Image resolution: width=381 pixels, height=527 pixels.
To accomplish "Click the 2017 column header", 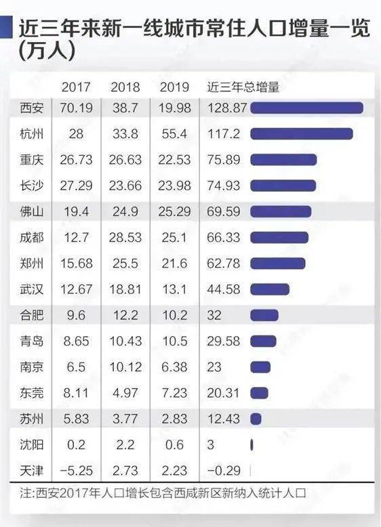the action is coord(76,87).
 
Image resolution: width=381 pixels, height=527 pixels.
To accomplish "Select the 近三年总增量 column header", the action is coord(243,87).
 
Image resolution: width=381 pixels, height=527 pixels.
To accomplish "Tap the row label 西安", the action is coord(31,108).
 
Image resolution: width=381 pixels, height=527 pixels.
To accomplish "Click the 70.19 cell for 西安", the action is coord(76,108).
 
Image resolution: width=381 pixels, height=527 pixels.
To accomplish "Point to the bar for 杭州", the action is coord(301,133).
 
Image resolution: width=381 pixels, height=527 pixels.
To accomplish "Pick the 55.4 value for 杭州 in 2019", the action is coord(174,133).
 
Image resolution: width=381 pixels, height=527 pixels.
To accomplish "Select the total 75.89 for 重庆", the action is coord(223,160).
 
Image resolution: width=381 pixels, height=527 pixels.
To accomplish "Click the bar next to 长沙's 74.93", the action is coord(283,186).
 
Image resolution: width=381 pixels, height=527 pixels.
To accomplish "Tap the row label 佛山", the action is coord(31,212).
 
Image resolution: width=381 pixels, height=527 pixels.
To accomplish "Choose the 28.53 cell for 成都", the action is coord(125,237).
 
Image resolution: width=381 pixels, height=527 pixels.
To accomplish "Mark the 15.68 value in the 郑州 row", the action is coord(76,263).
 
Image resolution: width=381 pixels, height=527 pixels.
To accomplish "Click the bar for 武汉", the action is coord(270,289).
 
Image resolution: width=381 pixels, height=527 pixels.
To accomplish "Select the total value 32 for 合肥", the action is coord(214,315).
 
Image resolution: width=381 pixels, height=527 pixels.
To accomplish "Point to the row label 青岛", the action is coord(31,341).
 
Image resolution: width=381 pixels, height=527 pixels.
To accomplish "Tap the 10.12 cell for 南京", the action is coord(125,367).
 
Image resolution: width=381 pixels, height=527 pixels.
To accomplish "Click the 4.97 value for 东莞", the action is coord(125,393).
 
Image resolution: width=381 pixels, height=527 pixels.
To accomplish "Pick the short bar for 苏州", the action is coord(256,419).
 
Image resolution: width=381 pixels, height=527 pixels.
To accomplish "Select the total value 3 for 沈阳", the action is coord(211,444).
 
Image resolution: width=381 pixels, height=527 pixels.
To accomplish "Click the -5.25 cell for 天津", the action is coord(76,471).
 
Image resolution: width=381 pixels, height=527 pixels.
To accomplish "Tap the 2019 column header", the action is coord(174,87).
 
